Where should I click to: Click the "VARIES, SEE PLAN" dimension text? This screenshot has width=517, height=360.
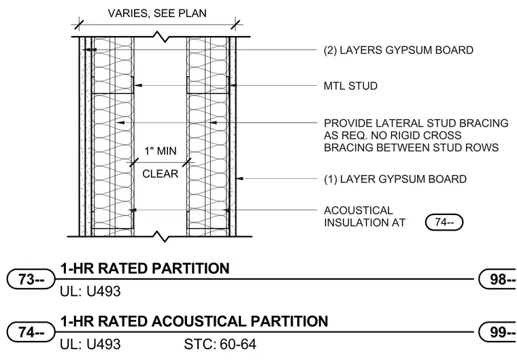[x=157, y=13]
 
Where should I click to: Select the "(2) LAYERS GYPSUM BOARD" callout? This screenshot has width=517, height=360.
[x=399, y=50]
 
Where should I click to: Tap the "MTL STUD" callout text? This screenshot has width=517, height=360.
[x=350, y=86]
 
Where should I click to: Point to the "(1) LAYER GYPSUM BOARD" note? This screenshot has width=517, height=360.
[x=395, y=179]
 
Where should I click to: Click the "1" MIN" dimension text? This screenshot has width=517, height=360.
[x=161, y=151]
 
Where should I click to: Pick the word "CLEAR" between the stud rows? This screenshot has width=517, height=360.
[x=161, y=174]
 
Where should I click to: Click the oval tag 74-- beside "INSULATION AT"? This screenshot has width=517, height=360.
[x=444, y=223]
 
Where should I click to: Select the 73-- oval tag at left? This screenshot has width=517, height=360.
[x=31, y=279]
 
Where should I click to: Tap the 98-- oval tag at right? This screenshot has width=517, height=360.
[x=498, y=279]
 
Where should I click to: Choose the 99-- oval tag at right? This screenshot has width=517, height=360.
[x=498, y=332]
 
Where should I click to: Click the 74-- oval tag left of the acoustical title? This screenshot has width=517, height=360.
[x=31, y=332]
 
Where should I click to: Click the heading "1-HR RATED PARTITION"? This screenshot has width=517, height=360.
[x=145, y=268]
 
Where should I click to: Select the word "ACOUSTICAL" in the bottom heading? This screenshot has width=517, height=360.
[x=199, y=321]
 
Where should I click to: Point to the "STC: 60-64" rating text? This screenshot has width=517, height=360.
[x=220, y=344]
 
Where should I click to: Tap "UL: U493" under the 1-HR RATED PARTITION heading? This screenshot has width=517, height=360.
[x=90, y=291]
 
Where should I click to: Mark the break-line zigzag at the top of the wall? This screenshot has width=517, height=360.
[x=161, y=37]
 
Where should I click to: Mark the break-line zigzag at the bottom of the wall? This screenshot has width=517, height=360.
[x=161, y=237]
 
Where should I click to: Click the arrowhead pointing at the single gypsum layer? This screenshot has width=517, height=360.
[x=239, y=179]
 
